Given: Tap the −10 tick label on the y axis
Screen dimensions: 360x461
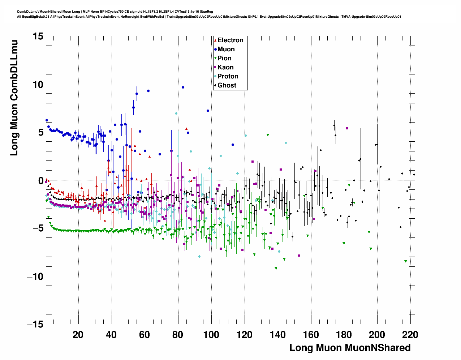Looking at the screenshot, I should tap(35, 277).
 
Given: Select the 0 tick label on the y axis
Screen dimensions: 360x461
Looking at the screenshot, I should tap(40, 180).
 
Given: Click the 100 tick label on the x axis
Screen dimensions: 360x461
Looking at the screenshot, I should tap(211, 335).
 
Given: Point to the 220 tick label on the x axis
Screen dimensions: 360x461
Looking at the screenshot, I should tap(410, 335).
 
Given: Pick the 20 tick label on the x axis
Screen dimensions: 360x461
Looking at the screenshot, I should tap(78, 335).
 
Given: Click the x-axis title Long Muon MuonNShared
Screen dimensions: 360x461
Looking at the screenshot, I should tap(350, 348).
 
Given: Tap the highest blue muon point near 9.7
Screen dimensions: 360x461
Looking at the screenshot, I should tap(183, 87).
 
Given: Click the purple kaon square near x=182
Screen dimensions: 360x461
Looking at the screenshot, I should tap(347, 128).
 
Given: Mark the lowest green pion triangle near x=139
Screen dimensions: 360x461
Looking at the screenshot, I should tap(276, 268).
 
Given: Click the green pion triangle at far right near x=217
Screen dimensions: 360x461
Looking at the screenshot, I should tap(406, 261).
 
